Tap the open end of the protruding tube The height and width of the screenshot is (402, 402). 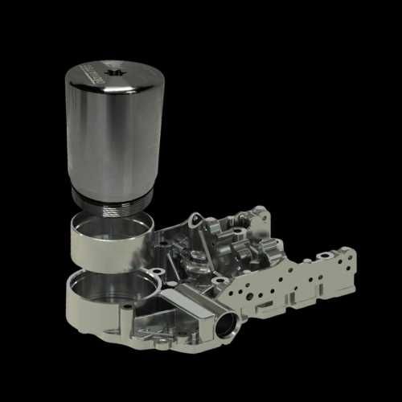[224, 326]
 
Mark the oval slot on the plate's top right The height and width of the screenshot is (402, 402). [325, 256]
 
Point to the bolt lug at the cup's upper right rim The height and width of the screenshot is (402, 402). [162, 273]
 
